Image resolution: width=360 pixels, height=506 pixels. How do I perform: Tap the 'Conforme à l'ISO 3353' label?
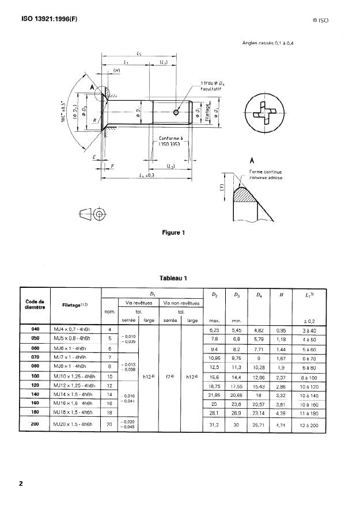click(x=170, y=142)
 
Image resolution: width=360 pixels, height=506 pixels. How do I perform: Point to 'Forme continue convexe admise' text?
click(x=266, y=174)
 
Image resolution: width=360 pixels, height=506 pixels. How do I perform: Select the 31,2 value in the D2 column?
click(x=214, y=425)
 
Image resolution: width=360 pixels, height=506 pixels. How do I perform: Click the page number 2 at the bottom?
click(x=22, y=484)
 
